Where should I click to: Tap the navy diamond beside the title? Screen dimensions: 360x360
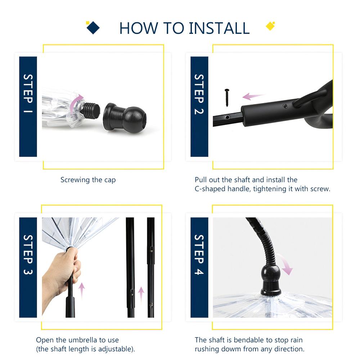[x=93, y=28]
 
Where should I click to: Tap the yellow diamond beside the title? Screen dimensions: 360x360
[x=270, y=26]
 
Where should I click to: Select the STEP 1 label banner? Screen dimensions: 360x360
[x=28, y=107]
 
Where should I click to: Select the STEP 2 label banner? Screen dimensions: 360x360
[x=199, y=107]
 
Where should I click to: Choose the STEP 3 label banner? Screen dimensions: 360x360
[x=28, y=267]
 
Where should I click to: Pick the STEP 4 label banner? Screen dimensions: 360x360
[x=199, y=267]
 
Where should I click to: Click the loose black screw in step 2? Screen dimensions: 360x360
[x=227, y=98]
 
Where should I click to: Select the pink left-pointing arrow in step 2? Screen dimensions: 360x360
[x=253, y=96]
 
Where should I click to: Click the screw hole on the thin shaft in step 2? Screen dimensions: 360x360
[x=227, y=117]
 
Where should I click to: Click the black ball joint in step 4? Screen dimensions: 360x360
[x=271, y=274]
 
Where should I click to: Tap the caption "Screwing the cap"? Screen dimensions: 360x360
[x=88, y=180]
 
